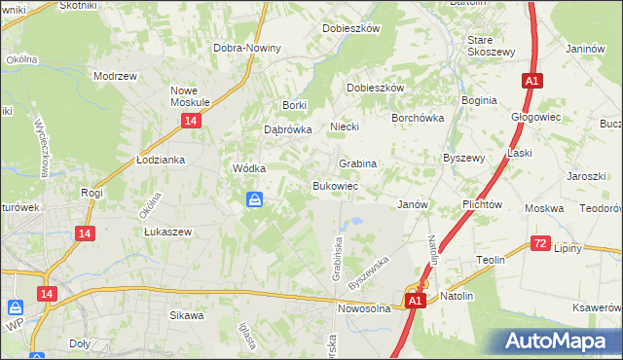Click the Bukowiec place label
[336, 185]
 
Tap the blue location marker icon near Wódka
[253, 200]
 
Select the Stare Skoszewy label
[490, 46]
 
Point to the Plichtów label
[482, 204]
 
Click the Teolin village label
[489, 260]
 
